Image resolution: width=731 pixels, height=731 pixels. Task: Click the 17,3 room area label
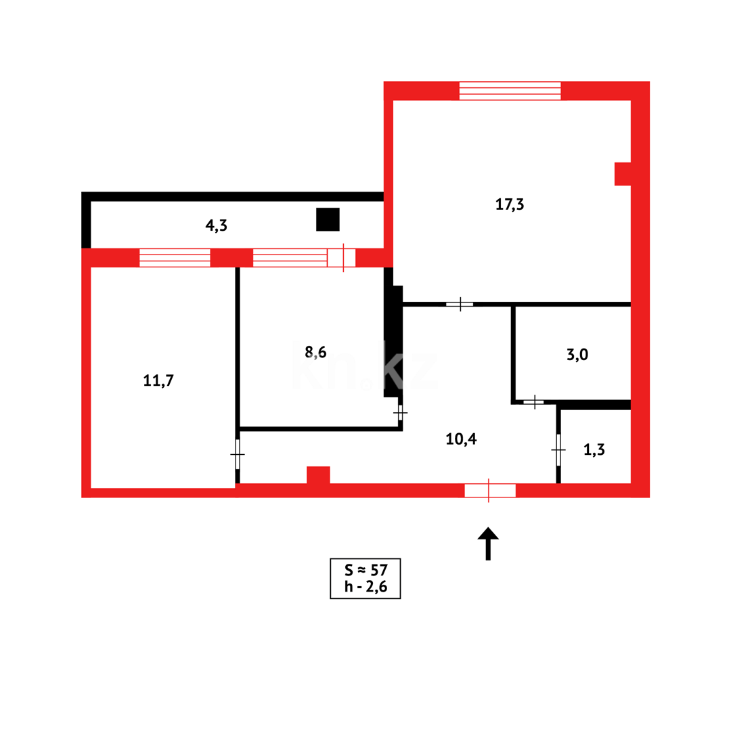click(510, 204)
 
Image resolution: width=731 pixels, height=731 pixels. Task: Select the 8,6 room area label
click(315, 351)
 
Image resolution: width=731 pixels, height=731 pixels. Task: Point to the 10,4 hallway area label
click(461, 439)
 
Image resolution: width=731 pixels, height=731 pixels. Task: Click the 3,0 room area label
click(577, 354)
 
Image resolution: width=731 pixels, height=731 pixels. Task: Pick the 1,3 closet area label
click(594, 448)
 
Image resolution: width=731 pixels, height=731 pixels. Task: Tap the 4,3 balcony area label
click(216, 225)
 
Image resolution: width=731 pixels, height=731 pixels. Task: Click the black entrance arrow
click(488, 543)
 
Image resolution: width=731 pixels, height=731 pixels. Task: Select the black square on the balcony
click(328, 219)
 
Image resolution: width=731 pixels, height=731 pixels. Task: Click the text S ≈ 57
click(365, 570)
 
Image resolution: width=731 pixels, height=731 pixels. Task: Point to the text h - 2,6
click(365, 587)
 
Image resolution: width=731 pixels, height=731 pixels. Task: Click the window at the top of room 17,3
click(510, 91)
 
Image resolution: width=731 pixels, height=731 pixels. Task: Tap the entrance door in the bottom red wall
click(489, 490)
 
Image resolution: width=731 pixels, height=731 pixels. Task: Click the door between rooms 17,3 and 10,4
click(460, 304)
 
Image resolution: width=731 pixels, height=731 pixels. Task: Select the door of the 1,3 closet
click(558, 449)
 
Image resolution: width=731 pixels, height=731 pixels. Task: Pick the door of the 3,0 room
click(535, 402)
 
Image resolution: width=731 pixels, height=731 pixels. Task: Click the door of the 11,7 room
click(238, 453)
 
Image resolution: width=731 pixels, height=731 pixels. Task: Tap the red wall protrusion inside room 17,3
click(623, 174)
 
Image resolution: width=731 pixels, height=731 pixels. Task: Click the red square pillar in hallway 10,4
click(318, 475)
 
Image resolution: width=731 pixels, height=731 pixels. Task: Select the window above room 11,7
click(175, 258)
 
